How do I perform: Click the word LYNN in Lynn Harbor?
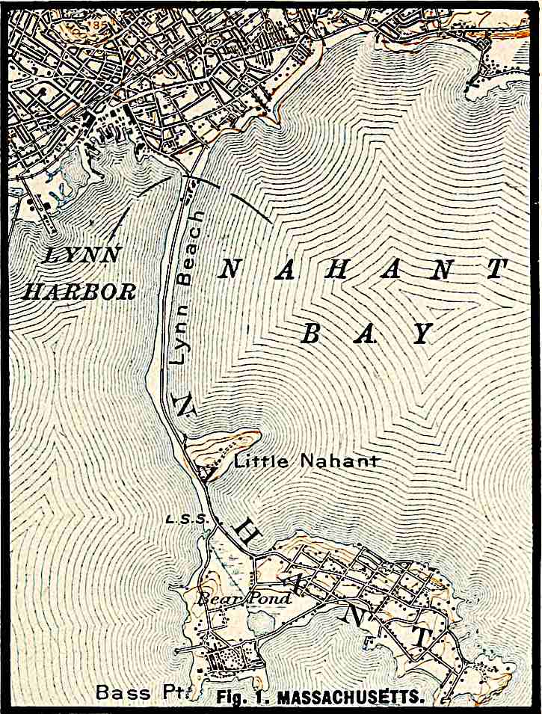82,255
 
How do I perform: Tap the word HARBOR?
79,291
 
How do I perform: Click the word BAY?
366,333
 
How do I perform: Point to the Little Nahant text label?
306,461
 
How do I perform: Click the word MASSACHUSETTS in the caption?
351,698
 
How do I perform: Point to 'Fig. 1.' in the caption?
244,698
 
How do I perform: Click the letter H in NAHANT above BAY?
337,271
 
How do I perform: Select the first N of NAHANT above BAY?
230,271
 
